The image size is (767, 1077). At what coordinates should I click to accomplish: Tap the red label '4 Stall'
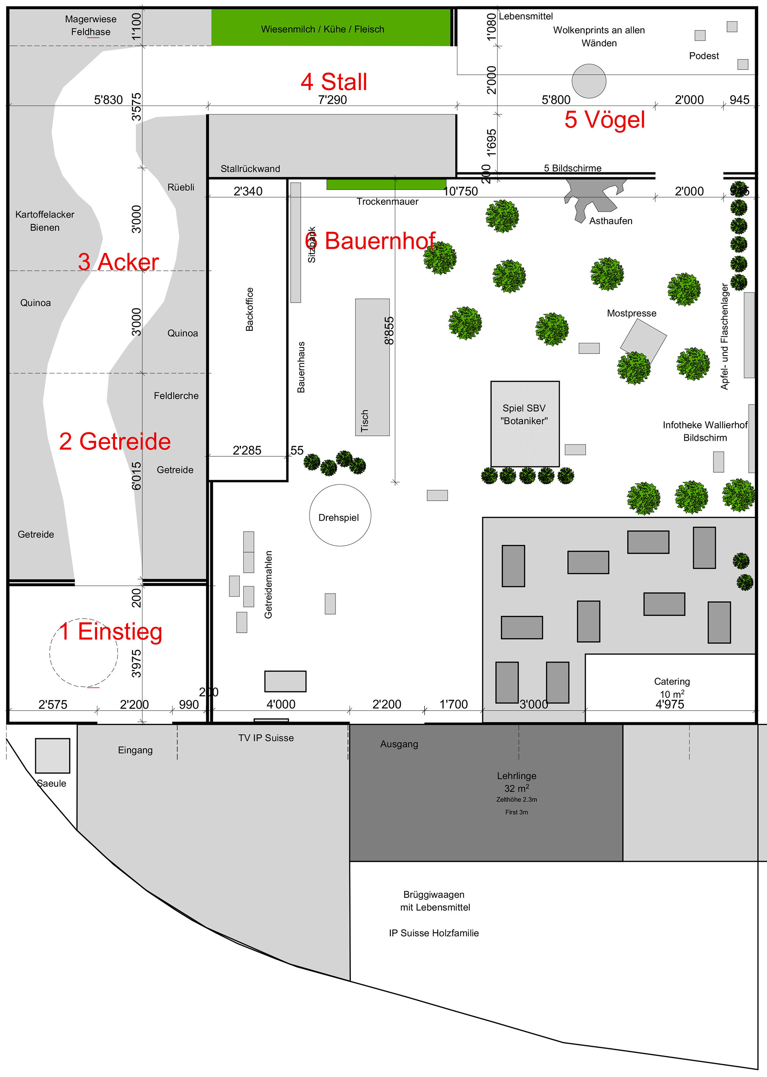pyautogui.click(x=334, y=82)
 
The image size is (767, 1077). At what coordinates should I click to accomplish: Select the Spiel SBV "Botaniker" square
pyautogui.click(x=525, y=424)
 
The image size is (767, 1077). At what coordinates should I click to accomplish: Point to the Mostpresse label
pyautogui.click(x=632, y=313)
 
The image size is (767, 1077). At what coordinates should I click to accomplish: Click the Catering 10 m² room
pyautogui.click(x=671, y=687)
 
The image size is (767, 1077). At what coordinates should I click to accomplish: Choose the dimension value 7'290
pyautogui.click(x=332, y=100)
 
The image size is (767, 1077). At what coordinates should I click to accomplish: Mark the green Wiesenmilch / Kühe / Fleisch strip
pyautogui.click(x=331, y=28)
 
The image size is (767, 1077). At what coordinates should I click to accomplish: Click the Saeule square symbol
pyautogui.click(x=52, y=755)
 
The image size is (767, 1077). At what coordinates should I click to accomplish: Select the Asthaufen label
pyautogui.click(x=610, y=221)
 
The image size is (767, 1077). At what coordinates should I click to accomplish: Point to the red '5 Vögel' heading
pyautogui.click(x=604, y=120)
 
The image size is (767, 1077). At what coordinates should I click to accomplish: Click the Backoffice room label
pyautogui.click(x=249, y=309)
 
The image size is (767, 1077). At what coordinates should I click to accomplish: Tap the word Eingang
pyautogui.click(x=135, y=750)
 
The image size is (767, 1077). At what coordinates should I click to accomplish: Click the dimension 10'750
pyautogui.click(x=461, y=191)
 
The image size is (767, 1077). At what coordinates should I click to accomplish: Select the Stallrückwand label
pyautogui.click(x=250, y=169)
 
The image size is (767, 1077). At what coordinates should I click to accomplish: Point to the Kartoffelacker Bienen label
pyautogui.click(x=45, y=221)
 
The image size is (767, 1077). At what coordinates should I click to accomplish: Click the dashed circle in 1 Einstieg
pyautogui.click(x=83, y=652)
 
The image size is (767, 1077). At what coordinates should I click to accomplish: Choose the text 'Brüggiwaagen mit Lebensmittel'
pyautogui.click(x=435, y=901)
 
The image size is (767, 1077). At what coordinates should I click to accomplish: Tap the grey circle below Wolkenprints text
pyautogui.click(x=588, y=81)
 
